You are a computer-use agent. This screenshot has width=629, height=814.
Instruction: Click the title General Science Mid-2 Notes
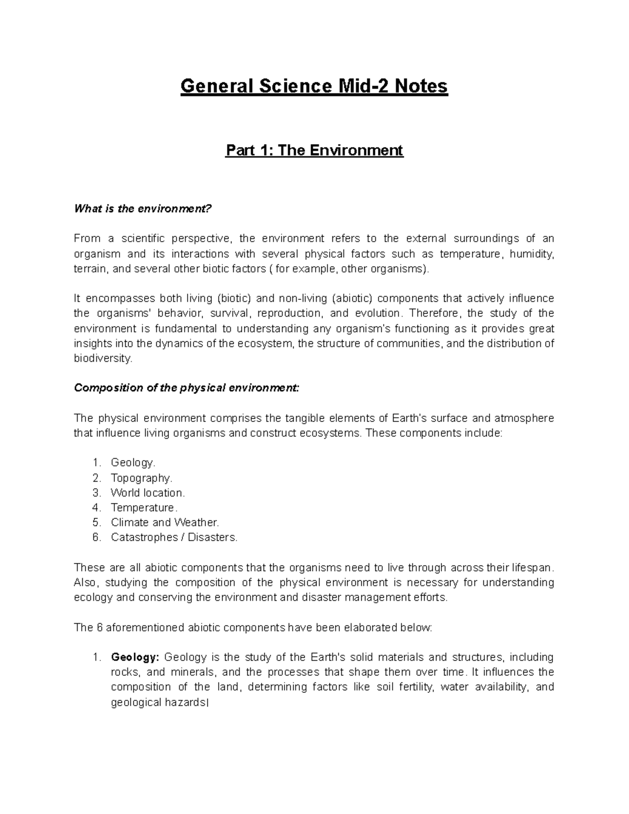(x=314, y=86)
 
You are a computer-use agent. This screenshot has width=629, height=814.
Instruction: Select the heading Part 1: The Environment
(x=314, y=150)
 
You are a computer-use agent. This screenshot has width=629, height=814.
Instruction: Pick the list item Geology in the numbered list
(x=133, y=463)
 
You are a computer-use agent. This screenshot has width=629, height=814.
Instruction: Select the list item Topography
(x=141, y=478)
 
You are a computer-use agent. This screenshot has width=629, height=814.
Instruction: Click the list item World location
(x=148, y=493)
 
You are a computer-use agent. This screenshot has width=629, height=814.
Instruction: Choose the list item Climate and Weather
(x=165, y=522)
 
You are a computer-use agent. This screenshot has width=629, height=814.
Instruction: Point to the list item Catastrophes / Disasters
(x=174, y=537)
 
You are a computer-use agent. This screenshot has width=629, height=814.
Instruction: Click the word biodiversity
(x=103, y=359)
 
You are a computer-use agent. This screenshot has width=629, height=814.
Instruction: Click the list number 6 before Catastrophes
(x=95, y=537)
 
